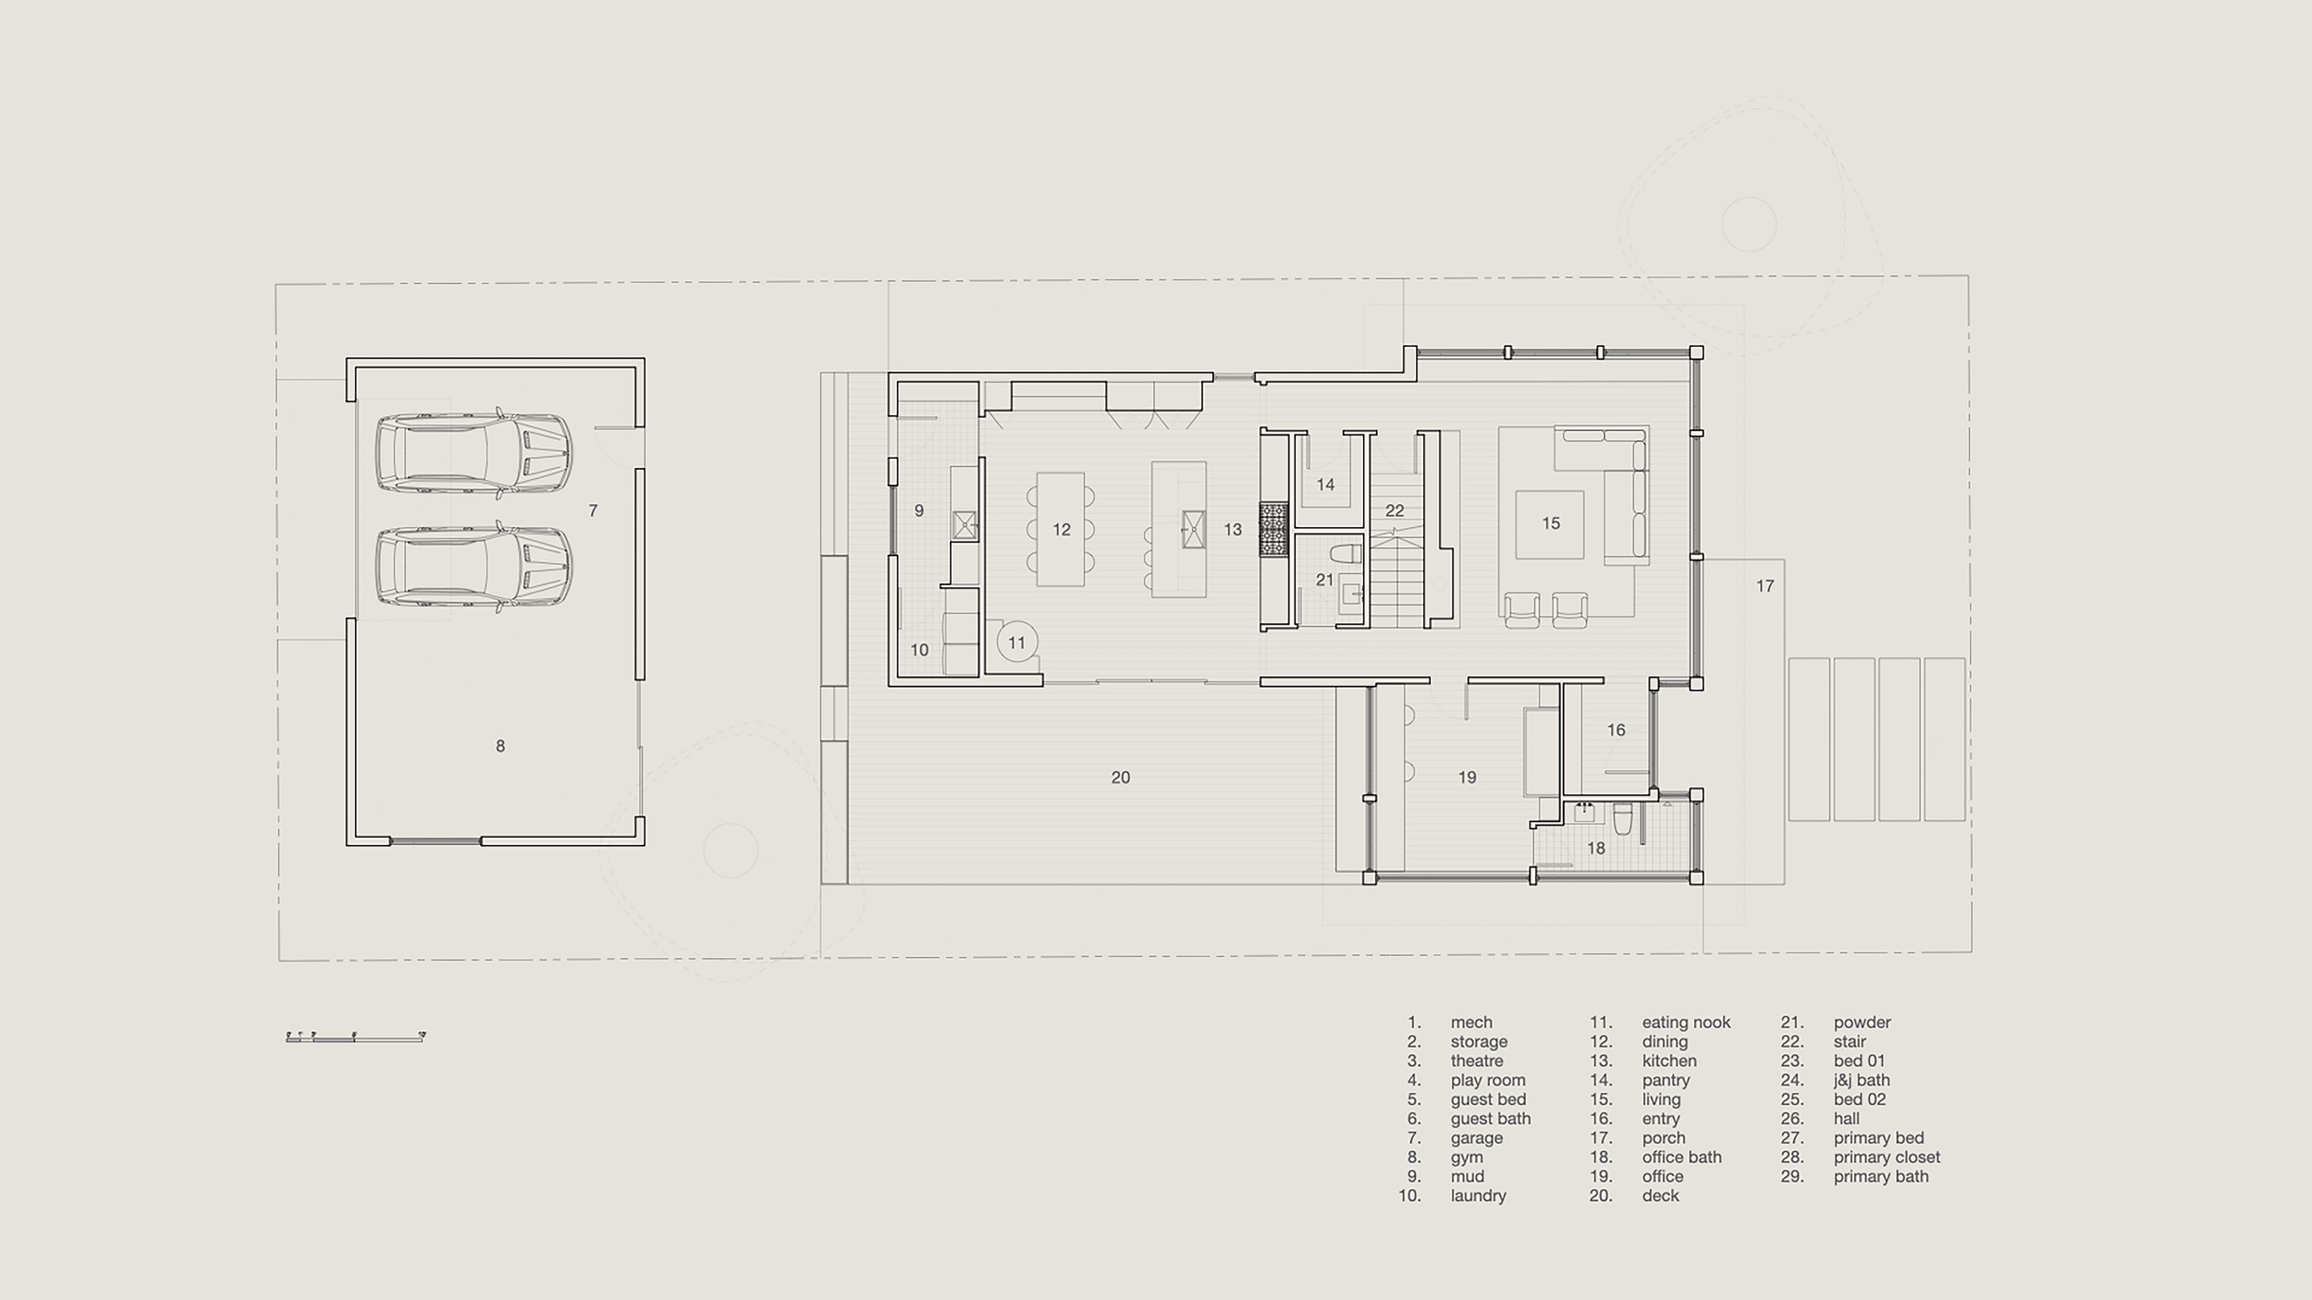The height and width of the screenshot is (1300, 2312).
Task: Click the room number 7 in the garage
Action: click(593, 510)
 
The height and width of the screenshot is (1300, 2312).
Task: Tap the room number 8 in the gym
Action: click(500, 746)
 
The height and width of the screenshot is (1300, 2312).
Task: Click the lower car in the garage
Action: click(473, 567)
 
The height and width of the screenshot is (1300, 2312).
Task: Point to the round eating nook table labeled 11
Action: click(1016, 643)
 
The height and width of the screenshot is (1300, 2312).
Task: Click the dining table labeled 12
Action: click(1061, 529)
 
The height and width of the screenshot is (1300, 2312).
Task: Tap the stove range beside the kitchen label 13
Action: click(1273, 529)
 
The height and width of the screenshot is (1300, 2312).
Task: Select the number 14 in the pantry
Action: click(1325, 484)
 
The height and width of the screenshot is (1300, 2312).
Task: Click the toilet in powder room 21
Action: click(1346, 555)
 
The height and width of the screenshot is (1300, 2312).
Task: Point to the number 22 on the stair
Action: click(1395, 510)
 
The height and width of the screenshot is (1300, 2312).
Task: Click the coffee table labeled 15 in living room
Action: click(1550, 523)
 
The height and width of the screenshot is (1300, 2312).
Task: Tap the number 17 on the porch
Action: click(1765, 585)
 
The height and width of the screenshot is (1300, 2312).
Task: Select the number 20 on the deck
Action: click(1120, 778)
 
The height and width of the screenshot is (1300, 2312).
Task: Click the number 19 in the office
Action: click(1467, 778)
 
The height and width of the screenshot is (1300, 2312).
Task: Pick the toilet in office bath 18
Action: click(1622, 819)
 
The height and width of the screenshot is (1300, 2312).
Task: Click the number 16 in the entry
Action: click(1616, 730)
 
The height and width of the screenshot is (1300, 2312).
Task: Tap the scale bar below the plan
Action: click(355, 1037)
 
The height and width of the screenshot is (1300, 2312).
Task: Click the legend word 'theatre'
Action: click(1476, 1061)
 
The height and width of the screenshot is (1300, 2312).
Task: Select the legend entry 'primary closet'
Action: click(1887, 1157)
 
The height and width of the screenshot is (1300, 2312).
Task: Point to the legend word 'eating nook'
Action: click(1686, 1022)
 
